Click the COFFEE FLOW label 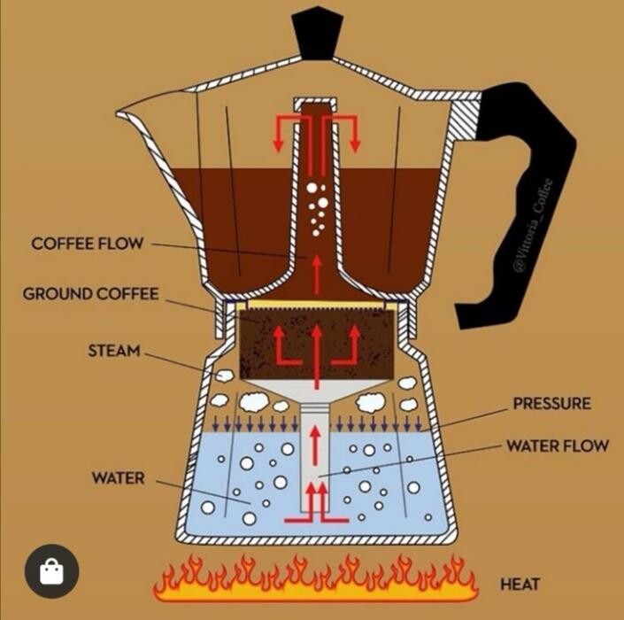pos(87,243)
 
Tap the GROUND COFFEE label pos(90,294)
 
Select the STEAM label pos(114,351)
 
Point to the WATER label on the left pos(118,478)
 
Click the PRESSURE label pos(551,404)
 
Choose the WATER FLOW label pos(557,445)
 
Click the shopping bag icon pos(52,571)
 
